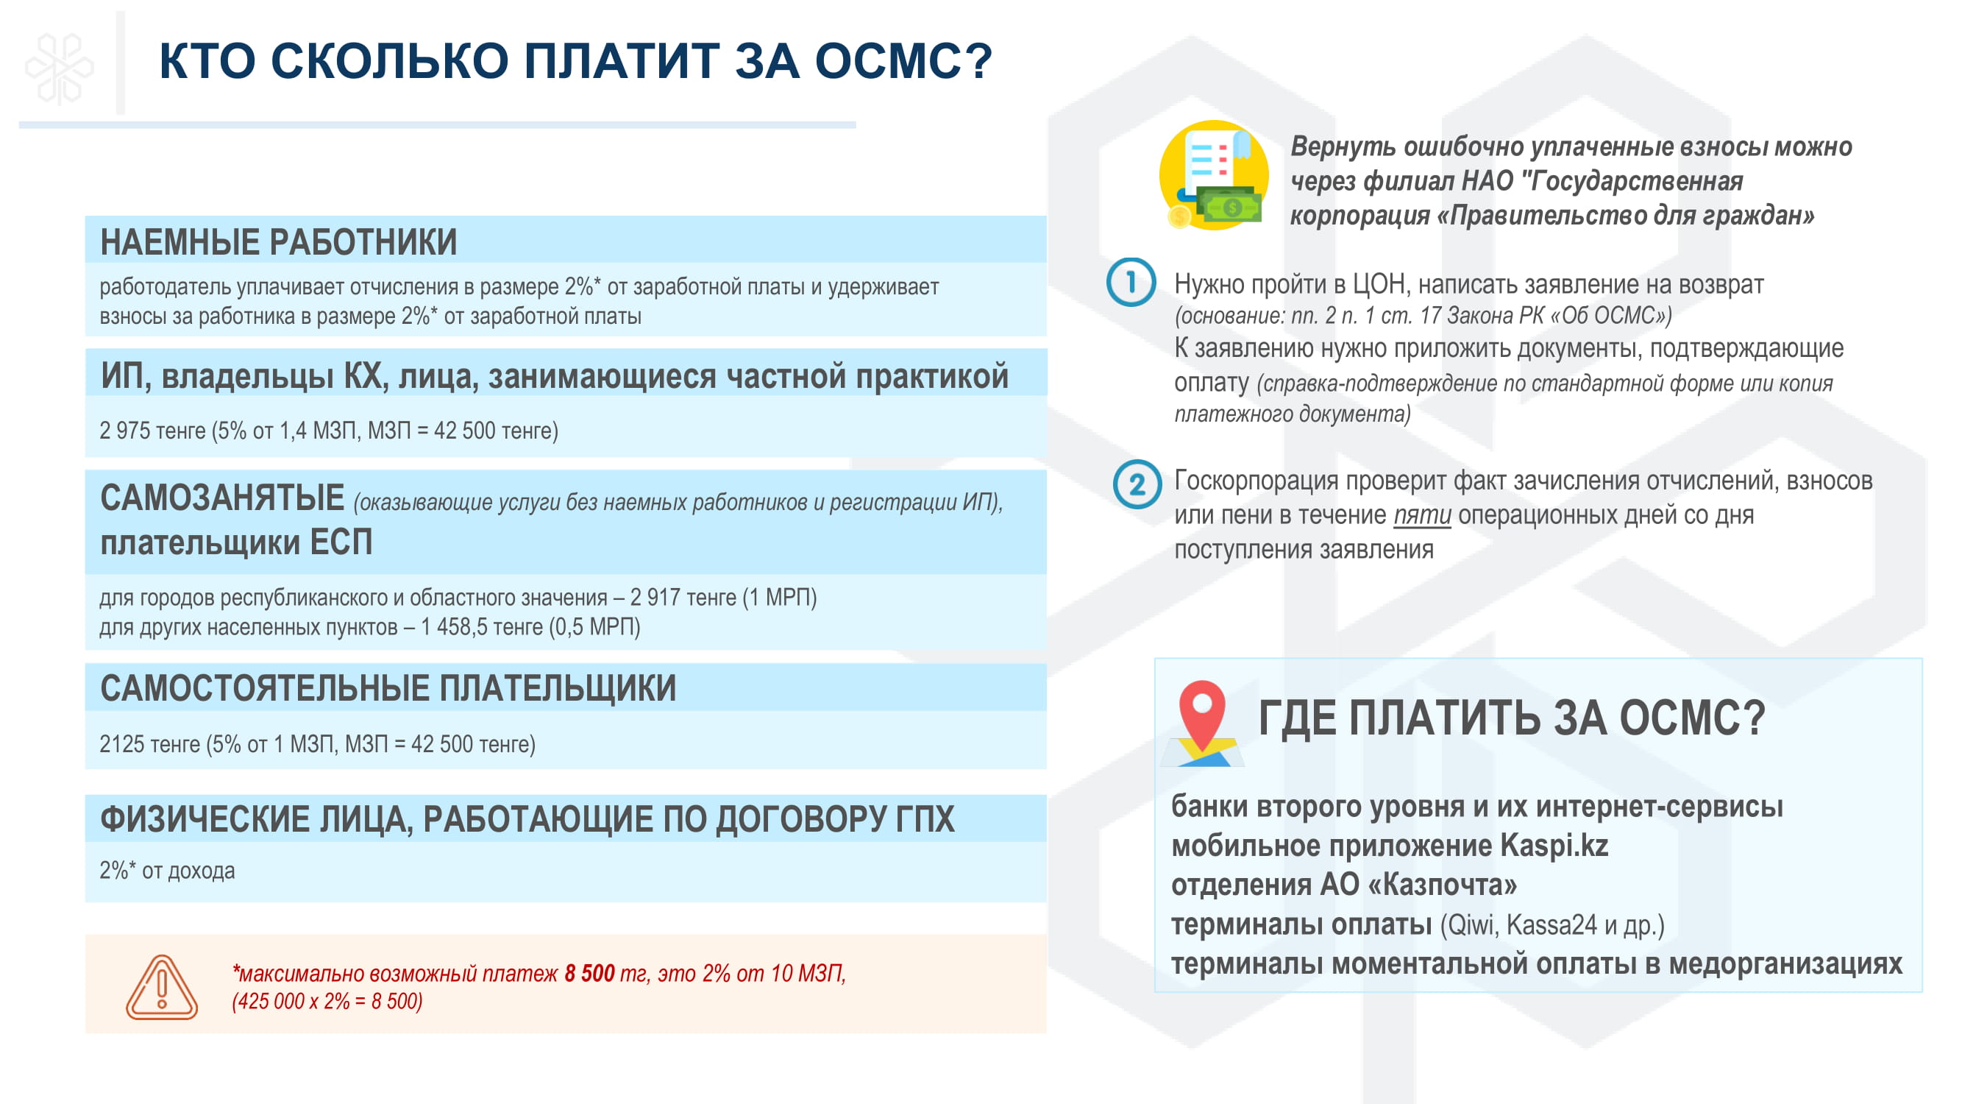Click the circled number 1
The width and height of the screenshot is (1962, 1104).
tap(1131, 282)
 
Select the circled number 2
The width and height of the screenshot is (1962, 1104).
tap(1137, 484)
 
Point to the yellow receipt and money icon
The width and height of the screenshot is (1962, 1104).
tap(1214, 175)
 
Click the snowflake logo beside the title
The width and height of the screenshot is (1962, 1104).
tap(60, 68)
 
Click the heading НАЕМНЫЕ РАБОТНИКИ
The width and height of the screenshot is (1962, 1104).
tap(279, 242)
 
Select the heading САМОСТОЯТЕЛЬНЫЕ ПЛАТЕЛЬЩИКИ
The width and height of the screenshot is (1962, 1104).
tap(388, 688)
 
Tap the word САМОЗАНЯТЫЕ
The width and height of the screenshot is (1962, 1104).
tap(222, 498)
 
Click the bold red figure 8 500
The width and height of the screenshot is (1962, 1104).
tap(589, 973)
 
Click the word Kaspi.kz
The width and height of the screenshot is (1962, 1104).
tap(1554, 846)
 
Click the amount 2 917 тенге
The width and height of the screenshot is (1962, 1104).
tap(683, 598)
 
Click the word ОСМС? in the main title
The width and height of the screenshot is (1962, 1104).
tap(904, 61)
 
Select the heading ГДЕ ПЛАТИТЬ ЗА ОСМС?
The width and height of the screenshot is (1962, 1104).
tap(1512, 718)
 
